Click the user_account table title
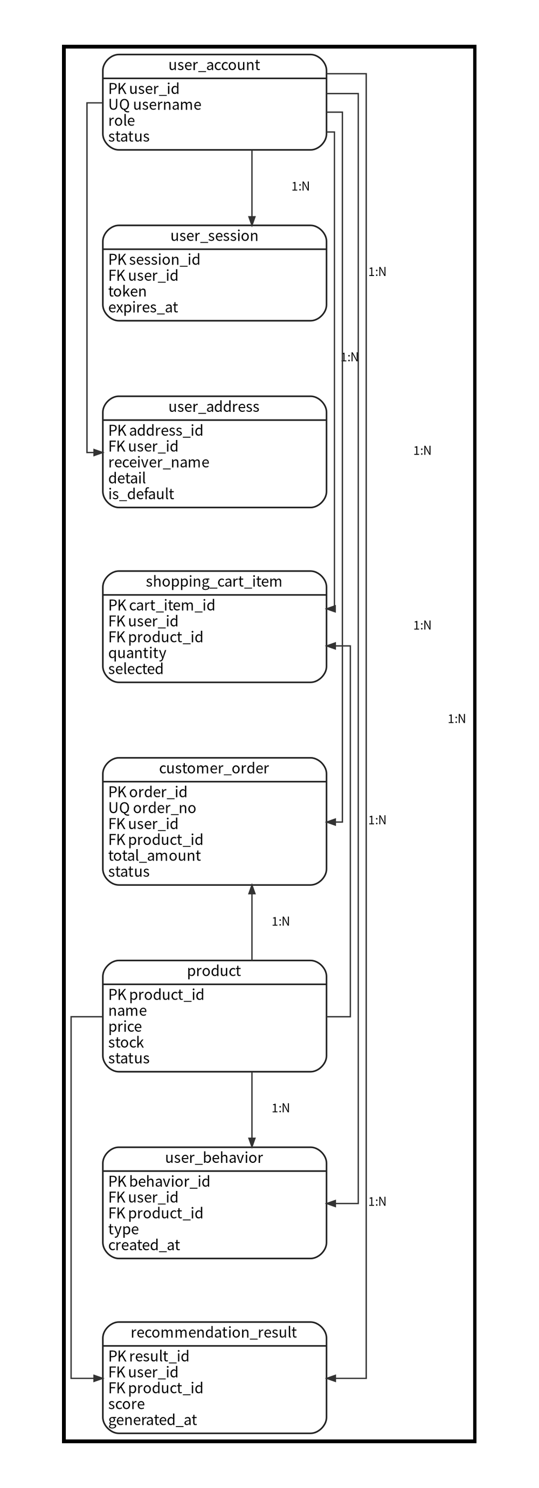pyautogui.click(x=214, y=65)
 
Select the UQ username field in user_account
pyautogui.click(x=155, y=105)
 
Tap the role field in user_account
pyautogui.click(x=121, y=121)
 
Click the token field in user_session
pyautogui.click(x=127, y=292)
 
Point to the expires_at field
pyautogui.click(x=143, y=308)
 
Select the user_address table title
pyautogui.click(x=214, y=407)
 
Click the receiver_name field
pyautogui.click(x=158, y=463)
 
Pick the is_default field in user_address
pyautogui.click(x=141, y=494)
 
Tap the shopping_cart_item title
pyautogui.click(x=214, y=582)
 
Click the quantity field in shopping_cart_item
pyautogui.click(x=137, y=653)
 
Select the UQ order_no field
pyautogui.click(x=152, y=808)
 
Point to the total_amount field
pyautogui.click(x=154, y=856)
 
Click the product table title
pyautogui.click(x=214, y=971)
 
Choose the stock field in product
pyautogui.click(x=126, y=1043)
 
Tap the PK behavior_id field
pyautogui.click(x=159, y=1182)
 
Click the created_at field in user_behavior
pyautogui.click(x=144, y=1245)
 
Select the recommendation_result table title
pyautogui.click(x=214, y=1333)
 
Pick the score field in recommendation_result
pyautogui.click(x=127, y=1404)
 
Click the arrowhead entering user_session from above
pyautogui.click(x=252, y=221)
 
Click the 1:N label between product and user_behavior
pyautogui.click(x=281, y=1108)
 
